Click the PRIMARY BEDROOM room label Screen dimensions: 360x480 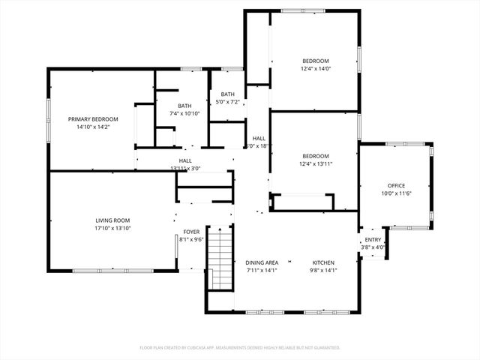tap(93, 119)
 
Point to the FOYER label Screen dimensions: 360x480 tap(191, 232)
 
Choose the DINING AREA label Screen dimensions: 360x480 tap(262, 262)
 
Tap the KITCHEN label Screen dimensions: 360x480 tap(324, 262)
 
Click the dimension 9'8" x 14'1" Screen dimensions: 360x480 tap(324, 270)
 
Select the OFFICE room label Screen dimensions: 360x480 tap(396, 185)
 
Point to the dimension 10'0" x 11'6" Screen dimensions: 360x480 tap(396, 193)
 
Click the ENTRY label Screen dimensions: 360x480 tap(373, 240)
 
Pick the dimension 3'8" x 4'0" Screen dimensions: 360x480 tap(373, 247)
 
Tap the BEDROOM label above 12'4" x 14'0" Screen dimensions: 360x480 tap(316, 61)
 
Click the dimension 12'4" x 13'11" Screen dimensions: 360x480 tap(316, 163)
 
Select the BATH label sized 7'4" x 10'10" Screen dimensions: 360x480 tap(184, 106)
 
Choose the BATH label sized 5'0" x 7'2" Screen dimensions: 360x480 tap(226, 94)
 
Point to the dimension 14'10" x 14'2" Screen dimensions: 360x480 tap(93, 127)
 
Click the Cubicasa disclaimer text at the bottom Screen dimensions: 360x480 tap(240, 347)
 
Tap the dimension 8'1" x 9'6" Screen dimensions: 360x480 tap(191, 240)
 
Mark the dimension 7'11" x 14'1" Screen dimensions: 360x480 tap(262, 270)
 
